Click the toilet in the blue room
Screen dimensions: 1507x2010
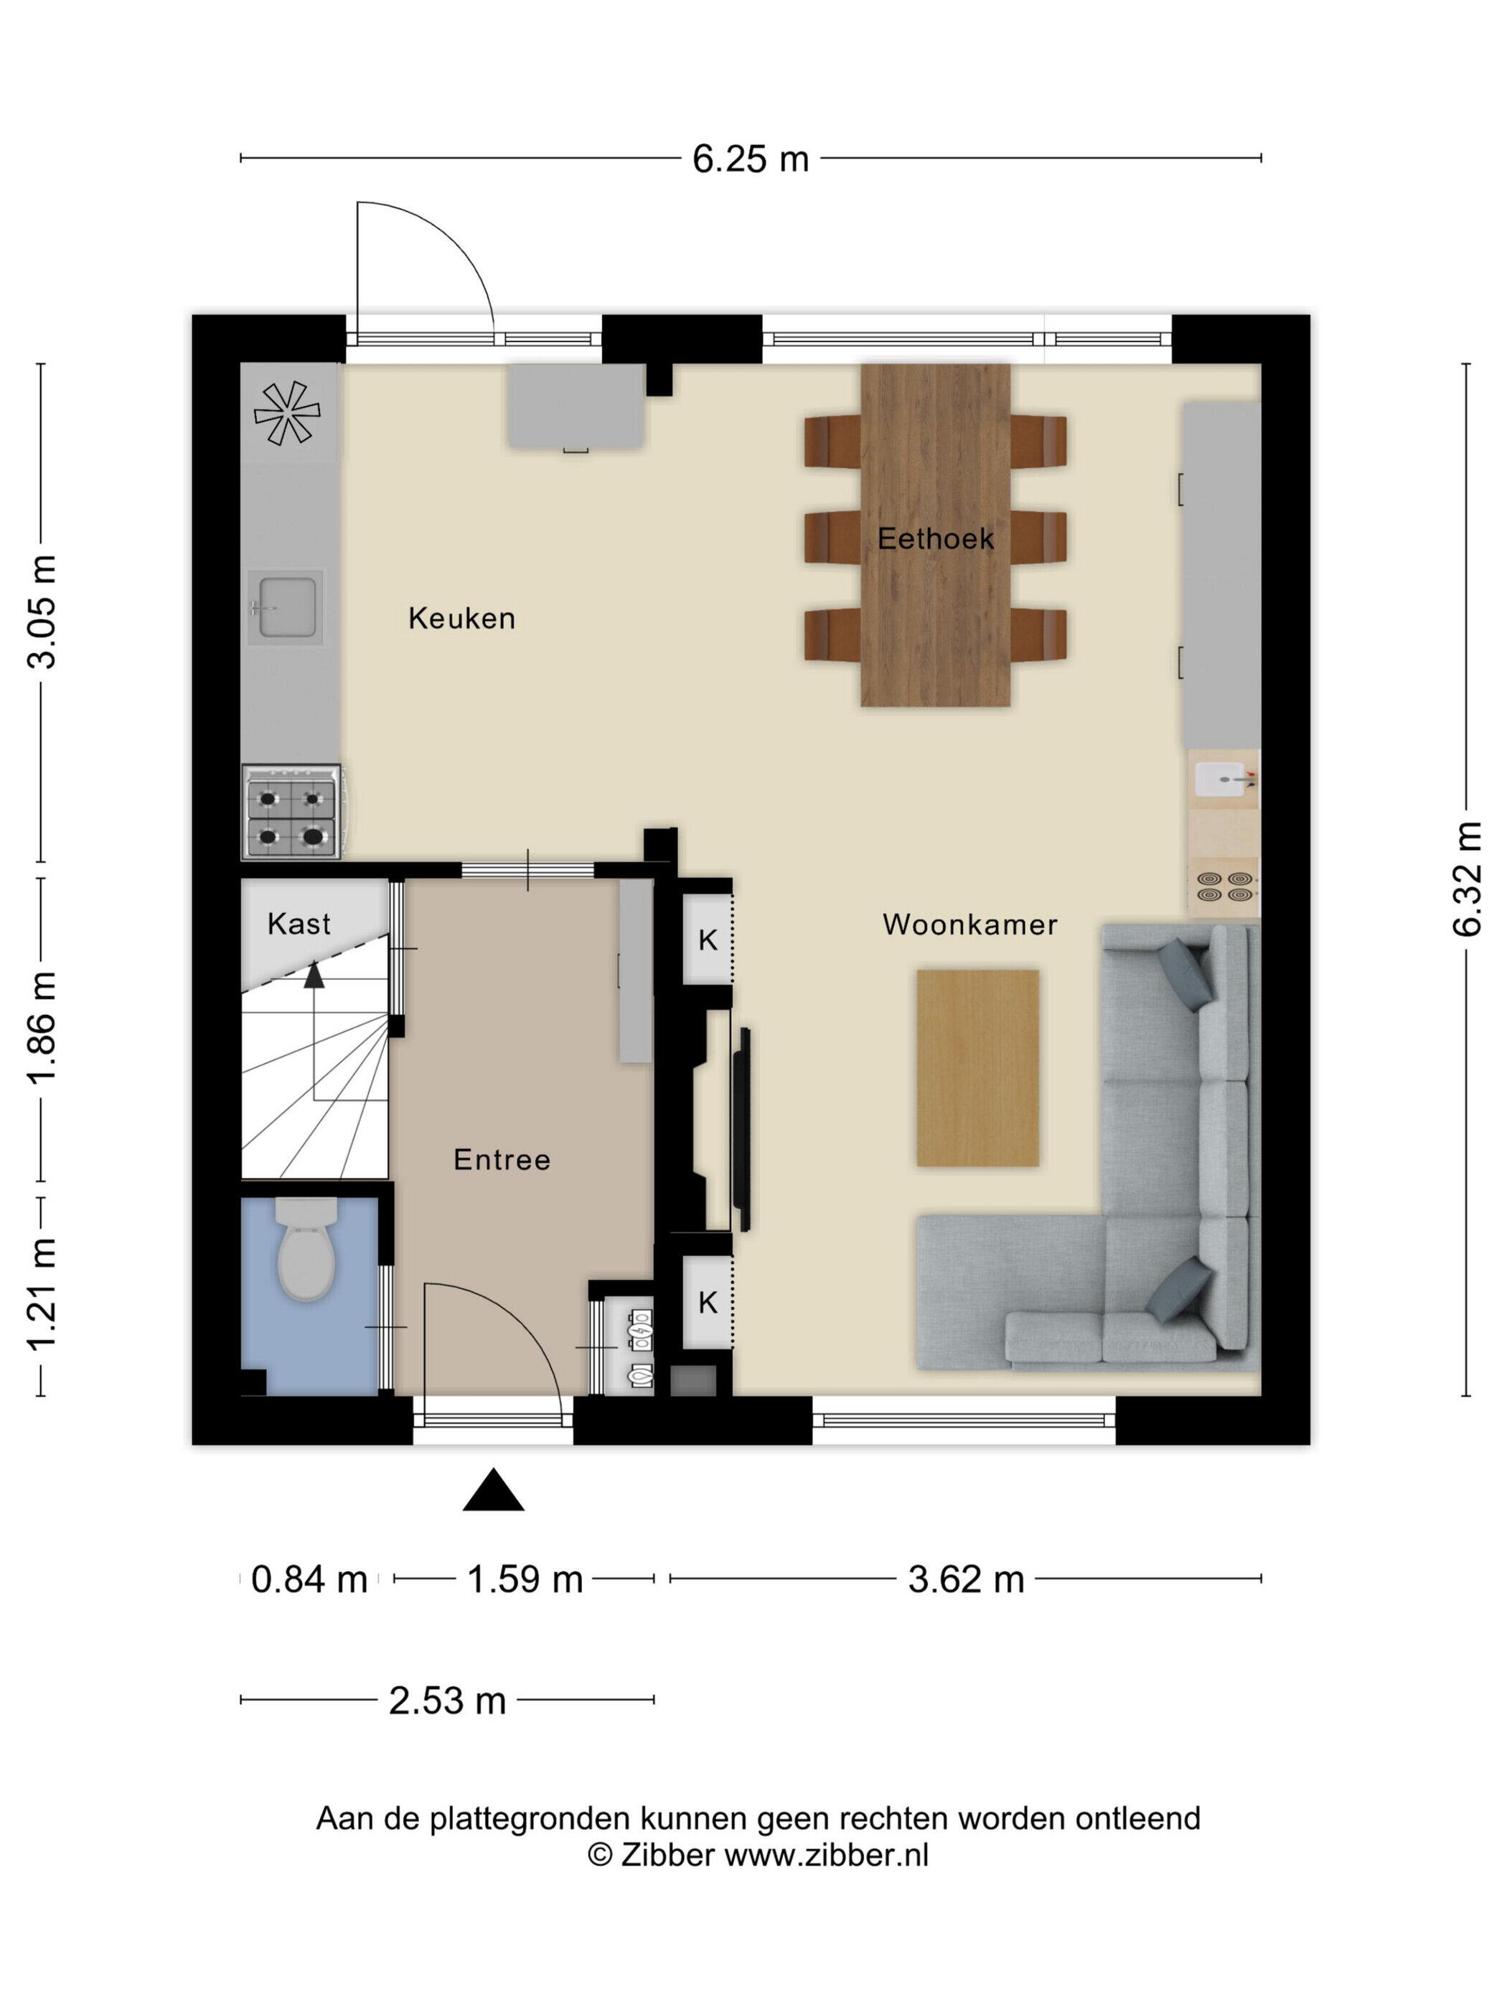[306, 1247]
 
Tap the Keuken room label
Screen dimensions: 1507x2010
[461, 619]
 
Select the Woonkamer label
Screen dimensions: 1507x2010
[970, 925]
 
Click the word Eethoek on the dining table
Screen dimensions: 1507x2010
[936, 539]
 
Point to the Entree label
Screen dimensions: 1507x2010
[502, 1159]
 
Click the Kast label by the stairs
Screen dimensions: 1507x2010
[299, 924]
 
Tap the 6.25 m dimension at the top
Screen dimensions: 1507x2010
[751, 159]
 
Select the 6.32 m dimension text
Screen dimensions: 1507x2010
[1467, 879]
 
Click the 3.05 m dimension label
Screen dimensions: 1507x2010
[42, 612]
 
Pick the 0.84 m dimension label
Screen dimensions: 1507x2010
[309, 1579]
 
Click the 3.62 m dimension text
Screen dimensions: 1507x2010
[966, 1579]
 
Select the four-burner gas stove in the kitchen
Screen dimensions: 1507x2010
[291, 811]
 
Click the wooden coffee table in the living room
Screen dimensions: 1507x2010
[977, 1067]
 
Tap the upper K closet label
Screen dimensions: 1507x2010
[708, 940]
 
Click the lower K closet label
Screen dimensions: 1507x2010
[708, 1302]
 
